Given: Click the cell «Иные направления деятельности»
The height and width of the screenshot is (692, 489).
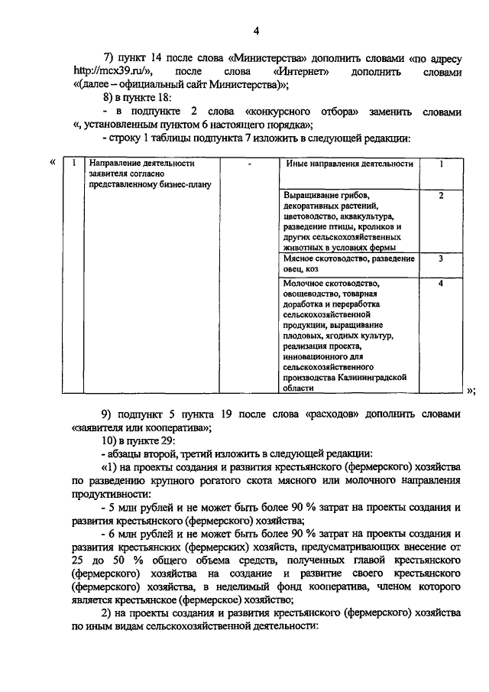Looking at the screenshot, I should tap(349, 164).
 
